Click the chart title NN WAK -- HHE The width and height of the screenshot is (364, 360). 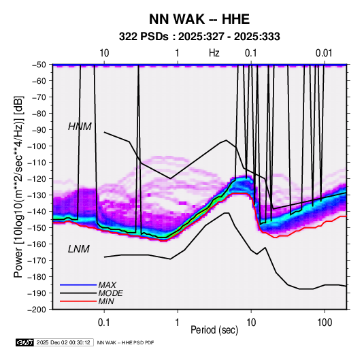199,19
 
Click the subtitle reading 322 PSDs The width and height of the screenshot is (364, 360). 144,37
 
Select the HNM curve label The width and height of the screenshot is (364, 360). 80,127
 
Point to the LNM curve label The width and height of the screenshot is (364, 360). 79,249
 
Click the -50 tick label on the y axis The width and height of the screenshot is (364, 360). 39,65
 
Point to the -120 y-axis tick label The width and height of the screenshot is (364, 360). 37,179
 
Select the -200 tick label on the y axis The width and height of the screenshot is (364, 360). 37,310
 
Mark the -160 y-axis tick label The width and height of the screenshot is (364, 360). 37,244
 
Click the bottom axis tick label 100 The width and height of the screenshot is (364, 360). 325,323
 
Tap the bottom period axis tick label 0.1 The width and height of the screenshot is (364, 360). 104,323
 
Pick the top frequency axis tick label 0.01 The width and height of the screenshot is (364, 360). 324,53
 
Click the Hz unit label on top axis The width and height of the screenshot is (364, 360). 214,53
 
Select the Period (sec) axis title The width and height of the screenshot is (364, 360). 214,330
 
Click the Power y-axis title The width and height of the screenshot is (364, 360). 18,186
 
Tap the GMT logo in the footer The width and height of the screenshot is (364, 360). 25,342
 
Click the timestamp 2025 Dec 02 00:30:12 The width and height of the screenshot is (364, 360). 63,342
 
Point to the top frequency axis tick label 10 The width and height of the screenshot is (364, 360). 104,53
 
